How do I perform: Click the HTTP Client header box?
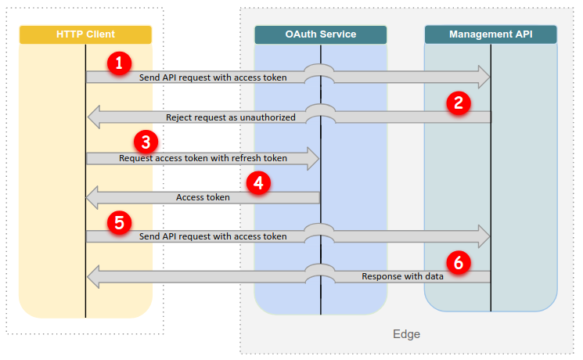coord(85,34)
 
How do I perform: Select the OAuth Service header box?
coord(320,34)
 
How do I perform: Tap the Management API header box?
coord(491,34)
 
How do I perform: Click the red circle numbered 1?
coord(119,63)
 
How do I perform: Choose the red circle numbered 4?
coord(258,183)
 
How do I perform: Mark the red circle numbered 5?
coord(119,222)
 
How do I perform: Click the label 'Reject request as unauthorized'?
coord(231,117)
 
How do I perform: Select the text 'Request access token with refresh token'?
coord(203,158)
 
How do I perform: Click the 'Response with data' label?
coord(403,276)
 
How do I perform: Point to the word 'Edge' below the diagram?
coord(406,334)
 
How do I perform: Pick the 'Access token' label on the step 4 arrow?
coord(203,197)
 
